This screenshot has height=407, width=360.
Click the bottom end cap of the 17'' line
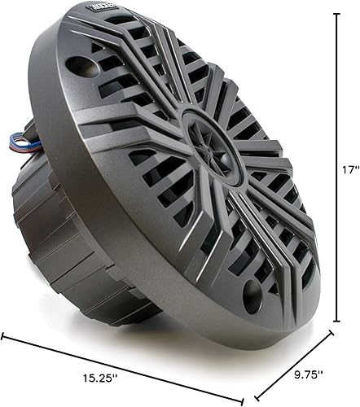pyautogui.click(x=337, y=321)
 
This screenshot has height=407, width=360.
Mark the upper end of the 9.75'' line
pyautogui.click(x=332, y=329)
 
